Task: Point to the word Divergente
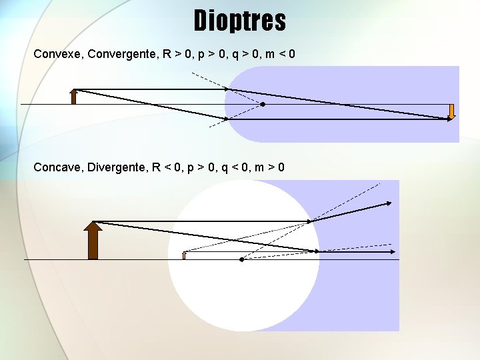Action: pos(119,167)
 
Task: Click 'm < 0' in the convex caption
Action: pos(280,54)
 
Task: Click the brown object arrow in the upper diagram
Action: pos(74,97)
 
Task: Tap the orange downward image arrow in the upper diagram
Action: pos(451,111)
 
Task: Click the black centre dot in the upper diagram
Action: pos(263,105)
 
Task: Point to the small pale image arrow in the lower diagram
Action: pos(184,255)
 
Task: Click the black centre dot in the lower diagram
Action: pos(241,259)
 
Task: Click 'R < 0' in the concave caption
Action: pos(167,167)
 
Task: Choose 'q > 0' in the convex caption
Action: pos(245,54)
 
